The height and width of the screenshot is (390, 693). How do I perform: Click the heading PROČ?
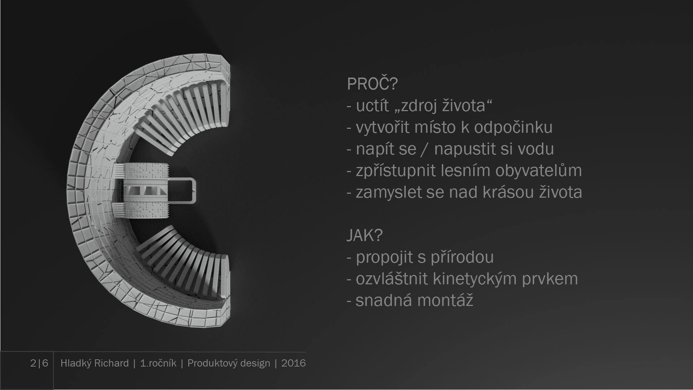[372, 84]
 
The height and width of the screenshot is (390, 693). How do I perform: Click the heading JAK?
[364, 235]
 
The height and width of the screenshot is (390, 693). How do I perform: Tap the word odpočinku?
[513, 127]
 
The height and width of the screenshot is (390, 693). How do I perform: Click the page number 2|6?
[39, 363]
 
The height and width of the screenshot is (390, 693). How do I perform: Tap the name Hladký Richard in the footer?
[95, 363]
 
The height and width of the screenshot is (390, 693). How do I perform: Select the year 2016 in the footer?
[293, 363]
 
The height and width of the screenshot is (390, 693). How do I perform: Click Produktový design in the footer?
[229, 363]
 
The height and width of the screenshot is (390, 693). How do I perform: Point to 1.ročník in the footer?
[158, 363]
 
